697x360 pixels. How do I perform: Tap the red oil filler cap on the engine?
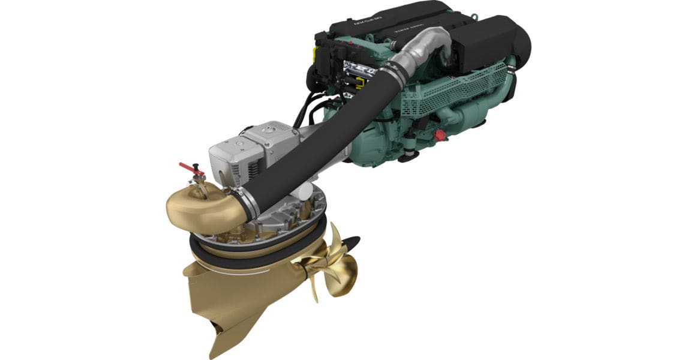point(440,135)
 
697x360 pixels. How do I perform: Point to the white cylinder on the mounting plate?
point(305,191)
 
